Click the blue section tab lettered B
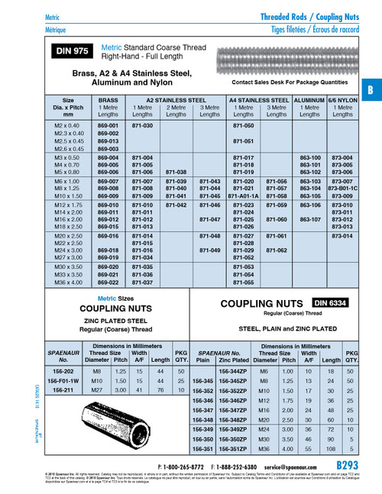click(x=371, y=89)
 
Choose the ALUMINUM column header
click(x=309, y=99)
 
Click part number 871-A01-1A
click(x=243, y=195)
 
